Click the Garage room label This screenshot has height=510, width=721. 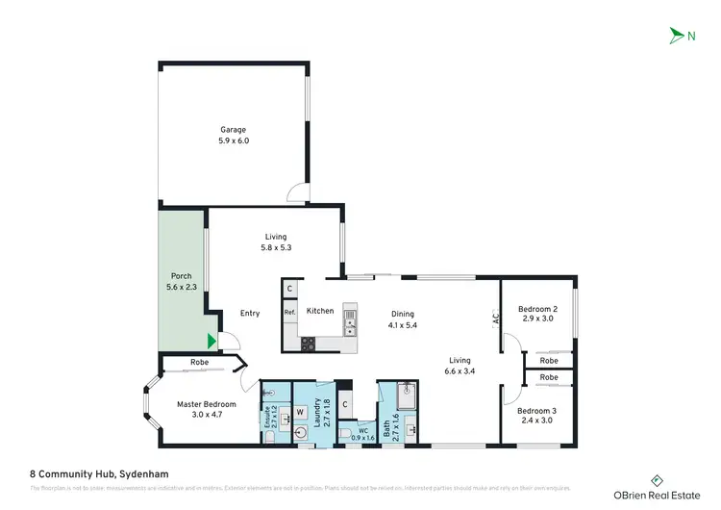tap(234, 130)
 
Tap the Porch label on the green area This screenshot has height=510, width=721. tap(181, 276)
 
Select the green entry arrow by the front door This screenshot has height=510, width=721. tap(211, 340)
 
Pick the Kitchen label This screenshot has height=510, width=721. tap(320, 312)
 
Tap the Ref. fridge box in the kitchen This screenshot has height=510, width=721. tap(289, 312)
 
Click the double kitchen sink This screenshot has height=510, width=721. tap(350, 314)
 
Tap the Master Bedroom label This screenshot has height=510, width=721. tap(206, 404)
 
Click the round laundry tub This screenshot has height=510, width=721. tap(303, 434)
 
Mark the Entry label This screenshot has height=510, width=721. tap(250, 313)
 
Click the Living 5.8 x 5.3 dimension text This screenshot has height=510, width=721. tap(277, 248)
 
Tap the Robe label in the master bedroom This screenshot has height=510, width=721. tap(199, 362)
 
